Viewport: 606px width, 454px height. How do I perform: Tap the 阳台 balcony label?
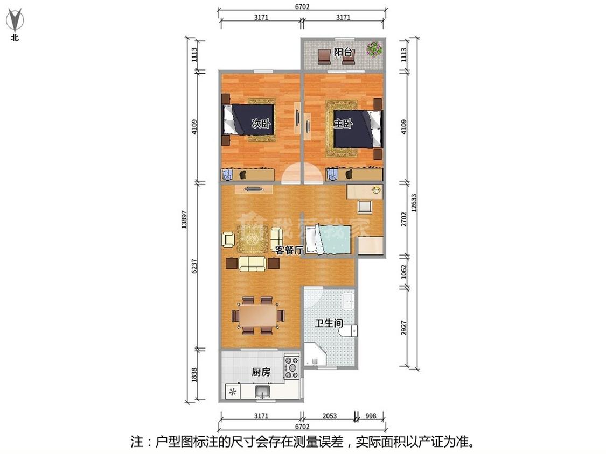pyautogui.click(x=343, y=52)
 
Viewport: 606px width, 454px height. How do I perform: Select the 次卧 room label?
pyautogui.click(x=261, y=124)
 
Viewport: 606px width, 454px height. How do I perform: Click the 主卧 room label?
pyautogui.click(x=343, y=124)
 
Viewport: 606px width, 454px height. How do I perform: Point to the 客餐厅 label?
pyautogui.click(x=289, y=250)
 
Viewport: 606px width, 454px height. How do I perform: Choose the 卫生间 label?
pyautogui.click(x=329, y=323)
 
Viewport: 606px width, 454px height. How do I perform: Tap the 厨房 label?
pyautogui.click(x=261, y=372)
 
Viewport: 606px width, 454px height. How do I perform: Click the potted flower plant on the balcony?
pyautogui.click(x=374, y=48)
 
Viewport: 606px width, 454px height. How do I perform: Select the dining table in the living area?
pyautogui.click(x=258, y=316)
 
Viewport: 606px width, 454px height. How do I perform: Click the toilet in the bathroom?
pyautogui.click(x=350, y=331)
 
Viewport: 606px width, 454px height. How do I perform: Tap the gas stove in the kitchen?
pyautogui.click(x=291, y=367)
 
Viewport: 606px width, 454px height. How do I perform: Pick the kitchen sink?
pyautogui.click(x=263, y=392)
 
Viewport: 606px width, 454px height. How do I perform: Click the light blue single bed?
pyautogui.click(x=328, y=240)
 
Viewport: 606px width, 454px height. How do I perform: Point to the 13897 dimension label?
pyautogui.click(x=184, y=219)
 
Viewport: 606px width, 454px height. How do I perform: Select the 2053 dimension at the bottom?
pyautogui.click(x=329, y=416)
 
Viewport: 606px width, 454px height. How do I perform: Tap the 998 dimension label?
pyautogui.click(x=371, y=416)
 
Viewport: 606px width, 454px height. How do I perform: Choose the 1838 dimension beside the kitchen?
pyautogui.click(x=194, y=375)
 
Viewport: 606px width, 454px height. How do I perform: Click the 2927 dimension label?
pyautogui.click(x=404, y=328)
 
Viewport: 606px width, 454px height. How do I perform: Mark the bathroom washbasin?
pyautogui.click(x=348, y=301)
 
